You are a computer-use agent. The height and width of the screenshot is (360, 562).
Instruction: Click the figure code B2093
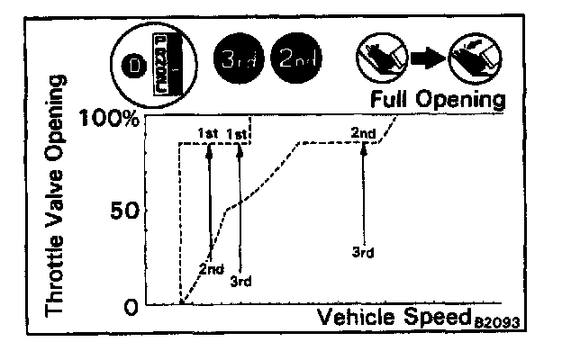(500, 321)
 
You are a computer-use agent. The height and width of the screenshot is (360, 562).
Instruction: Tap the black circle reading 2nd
(298, 59)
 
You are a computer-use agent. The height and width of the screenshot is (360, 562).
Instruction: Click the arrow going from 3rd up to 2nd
(363, 193)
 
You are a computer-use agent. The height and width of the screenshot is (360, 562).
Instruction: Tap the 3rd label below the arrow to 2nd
(363, 252)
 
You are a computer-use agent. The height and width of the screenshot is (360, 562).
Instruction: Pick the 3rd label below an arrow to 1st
(240, 281)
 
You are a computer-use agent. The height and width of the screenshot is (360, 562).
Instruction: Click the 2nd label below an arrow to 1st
(211, 268)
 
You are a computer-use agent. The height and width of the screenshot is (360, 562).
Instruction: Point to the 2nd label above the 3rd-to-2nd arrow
(363, 133)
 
